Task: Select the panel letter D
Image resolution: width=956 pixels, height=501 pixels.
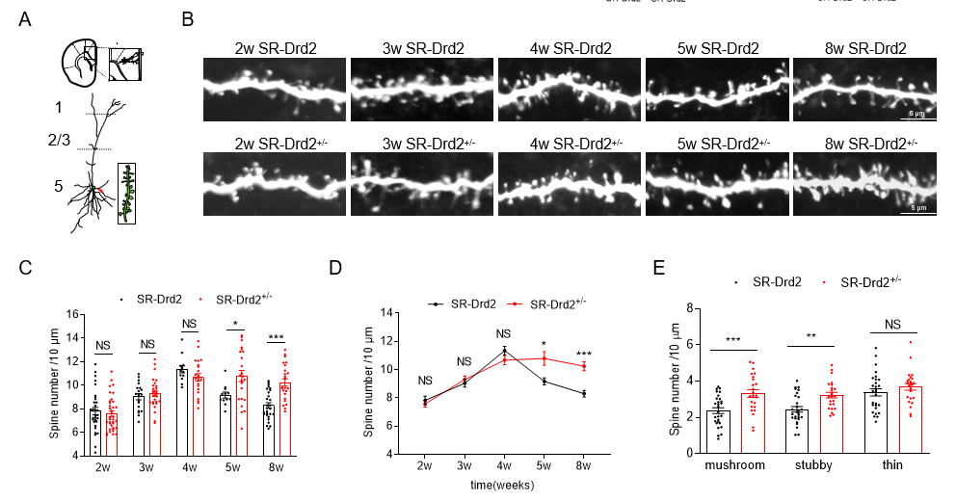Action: [336, 267]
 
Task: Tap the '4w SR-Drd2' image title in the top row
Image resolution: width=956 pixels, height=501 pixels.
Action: [571, 47]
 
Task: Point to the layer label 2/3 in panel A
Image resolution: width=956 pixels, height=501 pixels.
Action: [59, 141]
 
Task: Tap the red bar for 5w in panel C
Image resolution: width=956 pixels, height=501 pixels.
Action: [242, 413]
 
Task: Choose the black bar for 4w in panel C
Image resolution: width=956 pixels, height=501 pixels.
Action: [182, 409]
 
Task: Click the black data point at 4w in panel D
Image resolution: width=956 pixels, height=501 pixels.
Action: [504, 350]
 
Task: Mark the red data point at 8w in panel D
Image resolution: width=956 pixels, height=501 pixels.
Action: [583, 365]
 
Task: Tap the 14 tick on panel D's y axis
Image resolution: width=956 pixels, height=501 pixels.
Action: [386, 313]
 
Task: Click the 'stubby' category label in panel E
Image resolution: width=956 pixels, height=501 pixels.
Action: [814, 466]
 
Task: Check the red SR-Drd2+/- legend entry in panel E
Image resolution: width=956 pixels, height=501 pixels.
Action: [863, 281]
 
